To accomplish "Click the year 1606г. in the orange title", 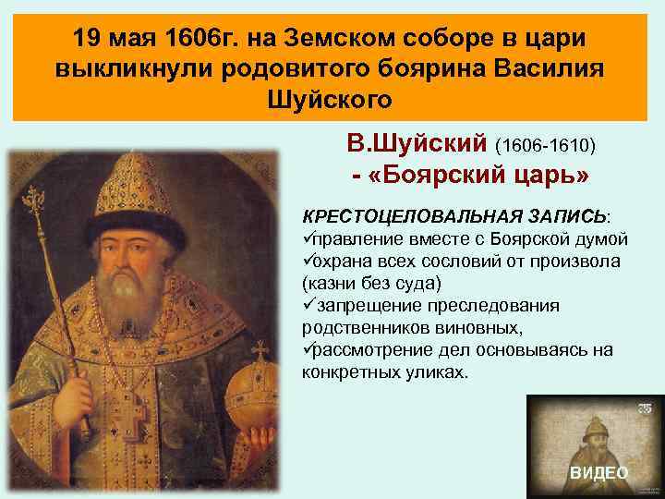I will click(196, 40).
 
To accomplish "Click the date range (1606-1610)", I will click(547, 146).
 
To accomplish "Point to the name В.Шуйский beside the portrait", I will click(417, 144).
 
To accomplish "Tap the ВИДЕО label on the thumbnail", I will click(598, 472).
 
